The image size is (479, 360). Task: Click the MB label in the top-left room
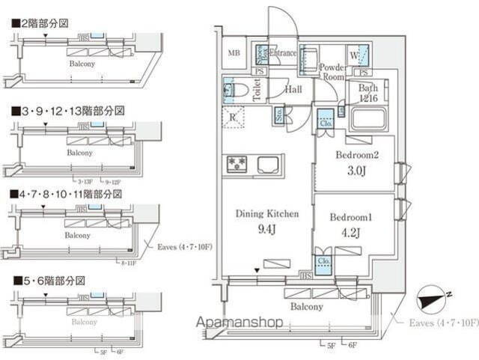pyautogui.click(x=234, y=53)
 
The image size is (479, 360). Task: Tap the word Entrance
pyautogui.click(x=283, y=53)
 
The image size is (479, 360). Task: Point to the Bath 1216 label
pyautogui.click(x=367, y=93)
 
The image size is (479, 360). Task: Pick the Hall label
pyautogui.click(x=293, y=89)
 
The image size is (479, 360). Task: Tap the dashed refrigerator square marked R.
pyautogui.click(x=234, y=117)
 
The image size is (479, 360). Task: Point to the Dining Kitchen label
pyautogui.click(x=267, y=214)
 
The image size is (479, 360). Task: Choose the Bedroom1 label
pyautogui.click(x=350, y=217)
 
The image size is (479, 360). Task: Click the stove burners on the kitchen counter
pyautogui.click(x=237, y=164)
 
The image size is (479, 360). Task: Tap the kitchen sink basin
pyautogui.click(x=269, y=165)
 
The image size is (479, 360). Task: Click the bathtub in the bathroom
pyautogui.click(x=367, y=119)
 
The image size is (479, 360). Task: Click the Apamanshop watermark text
pyautogui.click(x=239, y=323)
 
